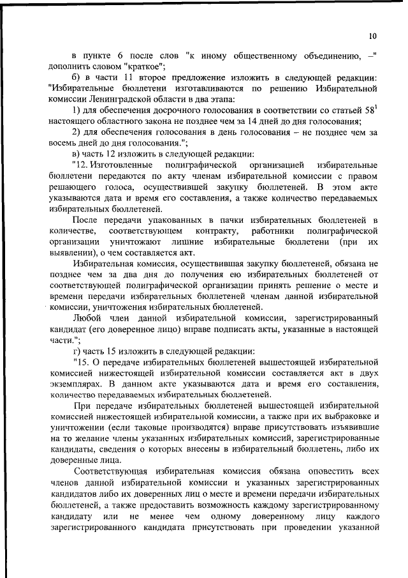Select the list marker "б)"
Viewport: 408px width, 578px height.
coord(76,77)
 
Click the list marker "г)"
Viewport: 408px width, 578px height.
coord(76,350)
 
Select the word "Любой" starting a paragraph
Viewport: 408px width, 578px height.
coord(89,317)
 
